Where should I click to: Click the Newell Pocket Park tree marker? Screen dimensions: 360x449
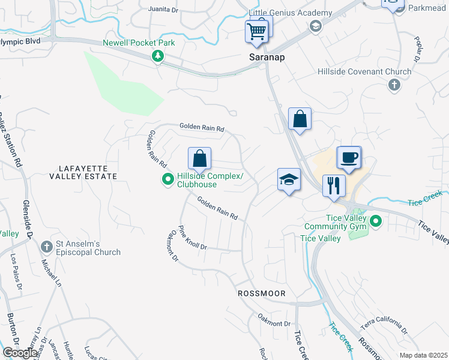158,56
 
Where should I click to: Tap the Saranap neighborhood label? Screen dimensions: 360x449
267,58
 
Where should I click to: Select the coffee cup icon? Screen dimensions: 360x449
349,158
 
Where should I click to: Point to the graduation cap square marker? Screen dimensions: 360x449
289,179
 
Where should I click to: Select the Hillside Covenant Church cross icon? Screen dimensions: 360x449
394,85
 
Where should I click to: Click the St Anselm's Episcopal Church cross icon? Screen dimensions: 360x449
47,246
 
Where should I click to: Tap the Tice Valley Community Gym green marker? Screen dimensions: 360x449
376,221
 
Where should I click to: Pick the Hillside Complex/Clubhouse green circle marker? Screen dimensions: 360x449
168,179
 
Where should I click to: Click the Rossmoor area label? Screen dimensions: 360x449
261,293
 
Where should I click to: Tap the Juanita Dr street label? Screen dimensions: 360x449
163,10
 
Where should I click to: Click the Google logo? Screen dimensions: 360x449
20,352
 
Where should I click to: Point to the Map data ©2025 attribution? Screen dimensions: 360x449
423,355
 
